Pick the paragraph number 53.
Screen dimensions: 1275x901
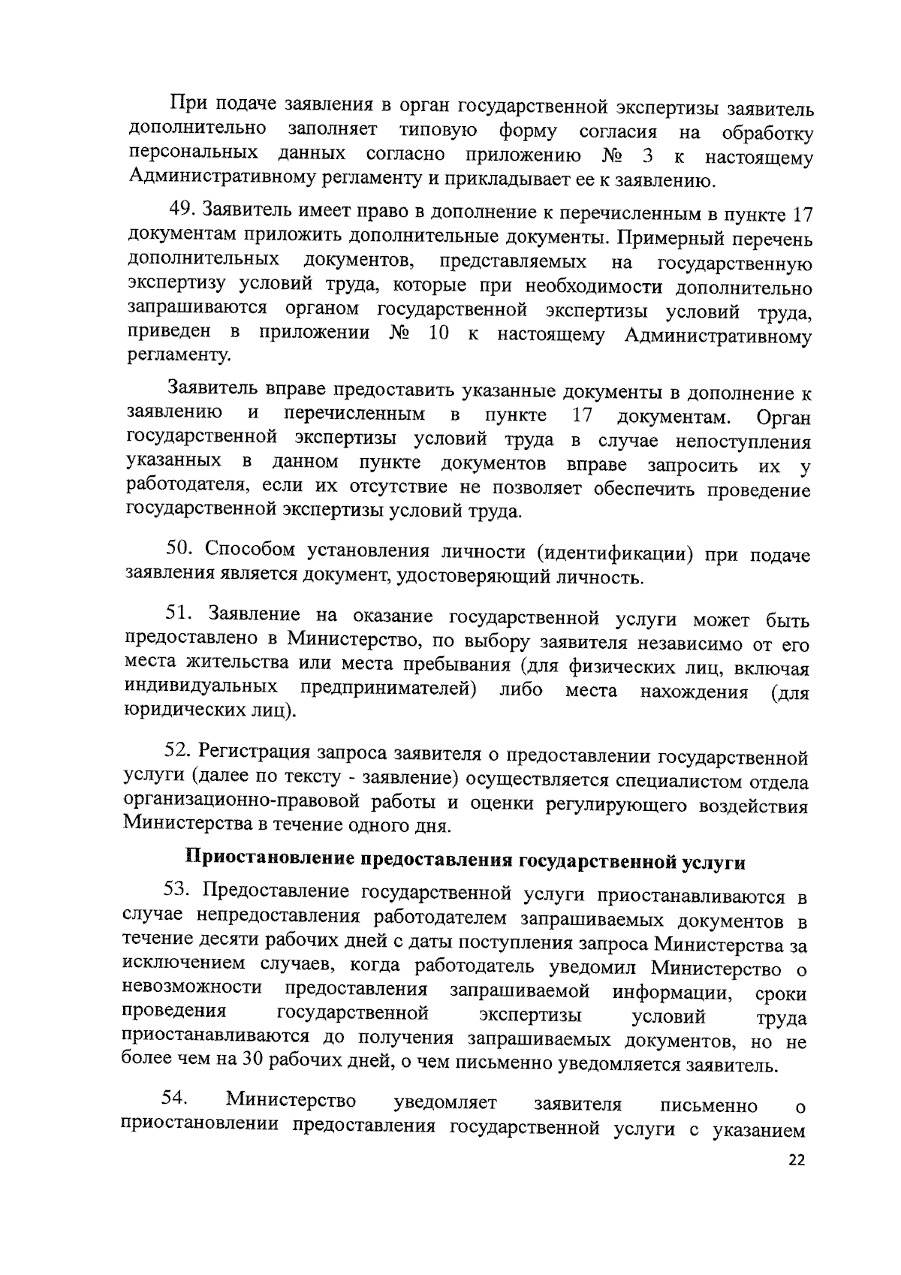click(179, 891)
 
